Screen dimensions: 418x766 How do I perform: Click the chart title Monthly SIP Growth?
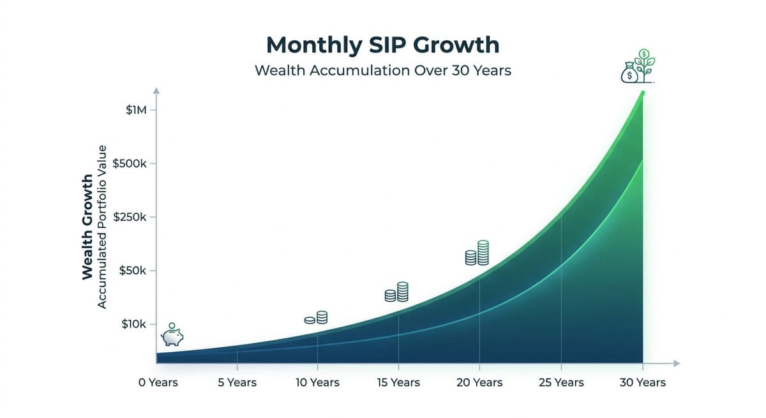point(383,45)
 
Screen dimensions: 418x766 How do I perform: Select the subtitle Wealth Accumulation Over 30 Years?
point(383,70)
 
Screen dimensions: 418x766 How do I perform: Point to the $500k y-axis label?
point(130,164)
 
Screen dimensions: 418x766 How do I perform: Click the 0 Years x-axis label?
point(158,383)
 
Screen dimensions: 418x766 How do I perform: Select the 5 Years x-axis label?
point(237,383)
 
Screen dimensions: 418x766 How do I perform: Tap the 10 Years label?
point(317,383)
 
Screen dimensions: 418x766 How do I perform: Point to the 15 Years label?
point(398,383)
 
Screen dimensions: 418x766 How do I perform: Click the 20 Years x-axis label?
point(479,383)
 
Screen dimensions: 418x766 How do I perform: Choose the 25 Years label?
point(560,383)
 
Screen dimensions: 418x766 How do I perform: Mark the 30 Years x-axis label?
point(642,383)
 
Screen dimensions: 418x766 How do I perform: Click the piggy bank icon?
point(172,334)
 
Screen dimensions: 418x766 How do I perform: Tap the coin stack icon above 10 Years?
point(316,318)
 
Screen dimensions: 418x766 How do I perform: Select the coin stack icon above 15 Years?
point(396,292)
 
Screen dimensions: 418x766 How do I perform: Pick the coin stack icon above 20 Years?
point(477,253)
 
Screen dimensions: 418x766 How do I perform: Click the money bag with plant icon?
point(638,67)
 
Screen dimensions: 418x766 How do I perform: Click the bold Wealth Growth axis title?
point(88,227)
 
